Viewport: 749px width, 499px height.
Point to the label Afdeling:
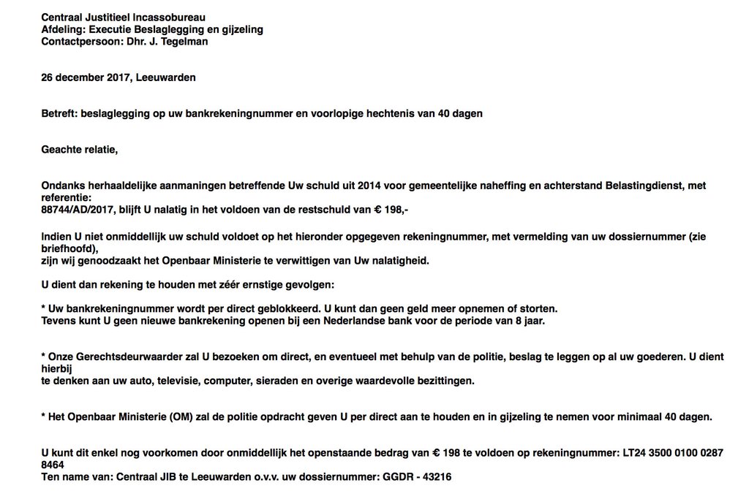point(62,29)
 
